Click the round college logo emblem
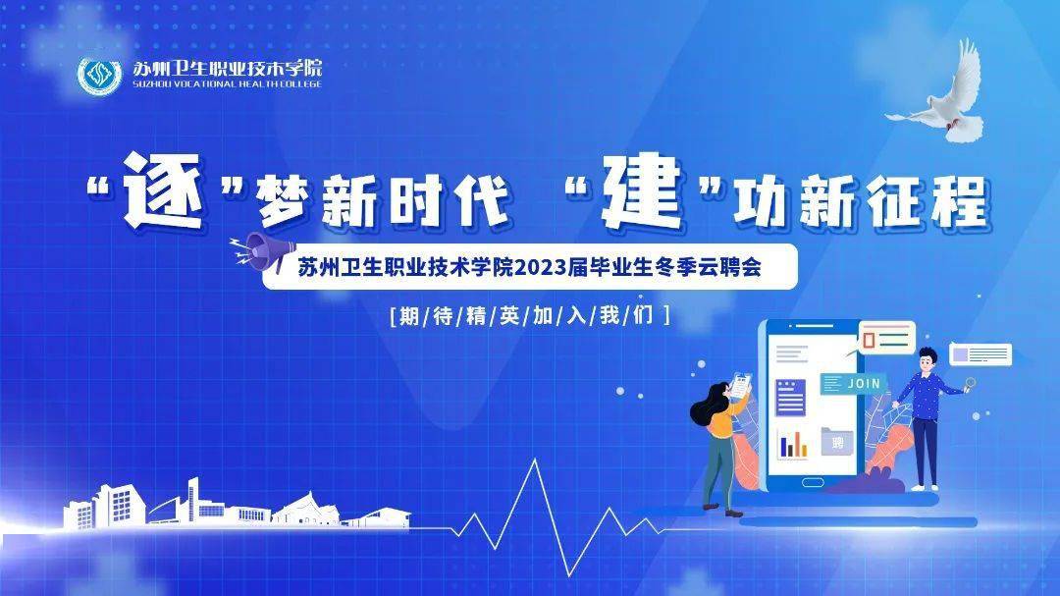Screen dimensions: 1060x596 coord(99,76)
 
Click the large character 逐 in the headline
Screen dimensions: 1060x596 coord(164,190)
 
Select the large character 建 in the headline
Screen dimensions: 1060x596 coord(641,190)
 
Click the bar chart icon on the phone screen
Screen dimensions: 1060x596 coord(793,444)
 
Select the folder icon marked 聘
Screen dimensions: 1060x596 coord(837,442)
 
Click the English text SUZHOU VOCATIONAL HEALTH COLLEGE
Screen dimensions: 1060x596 coord(227,83)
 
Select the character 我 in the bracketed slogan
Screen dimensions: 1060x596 coord(609,315)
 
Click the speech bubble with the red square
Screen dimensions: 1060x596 coord(886,338)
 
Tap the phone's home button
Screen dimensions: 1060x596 coord(812,482)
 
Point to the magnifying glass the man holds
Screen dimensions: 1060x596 coord(970,384)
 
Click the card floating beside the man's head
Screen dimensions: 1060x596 coord(980,353)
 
